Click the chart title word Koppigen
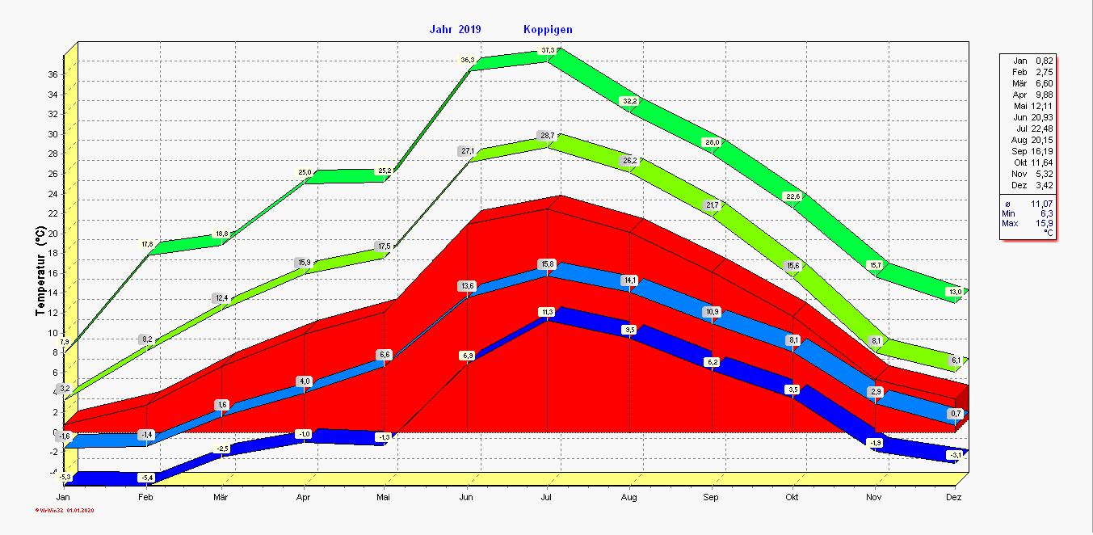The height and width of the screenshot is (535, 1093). tap(548, 30)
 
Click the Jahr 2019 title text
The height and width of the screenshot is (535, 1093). tap(455, 30)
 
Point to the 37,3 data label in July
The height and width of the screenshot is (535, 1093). tap(548, 50)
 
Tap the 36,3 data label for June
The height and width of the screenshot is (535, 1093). tap(468, 60)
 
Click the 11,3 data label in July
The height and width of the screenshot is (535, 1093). tap(548, 312)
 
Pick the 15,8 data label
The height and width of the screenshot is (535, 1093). tap(548, 264)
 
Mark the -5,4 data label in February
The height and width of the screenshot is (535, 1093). tap(146, 478)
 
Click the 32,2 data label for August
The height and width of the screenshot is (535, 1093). tap(629, 101)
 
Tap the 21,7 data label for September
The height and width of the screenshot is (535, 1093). tap(712, 205)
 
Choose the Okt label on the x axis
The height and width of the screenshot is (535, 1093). tap(792, 497)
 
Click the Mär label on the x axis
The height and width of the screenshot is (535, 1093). tap(220, 497)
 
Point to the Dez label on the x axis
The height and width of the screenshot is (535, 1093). tap(954, 497)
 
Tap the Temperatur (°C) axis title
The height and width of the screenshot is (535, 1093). tap(40, 271)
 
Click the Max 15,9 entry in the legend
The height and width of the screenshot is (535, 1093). tap(1027, 223)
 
